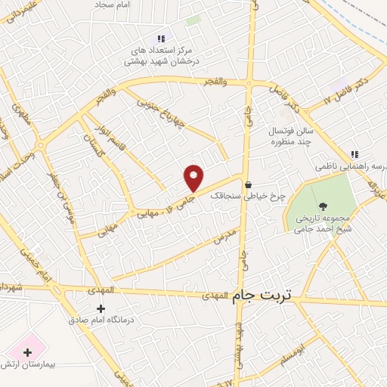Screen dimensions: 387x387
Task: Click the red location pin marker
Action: (194, 178)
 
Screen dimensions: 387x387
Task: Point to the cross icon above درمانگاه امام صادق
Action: (101, 308)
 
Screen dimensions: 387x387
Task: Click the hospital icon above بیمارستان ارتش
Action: (28, 352)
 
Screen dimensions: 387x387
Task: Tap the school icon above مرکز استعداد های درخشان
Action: (160, 39)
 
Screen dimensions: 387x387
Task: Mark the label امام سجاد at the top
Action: (113, 5)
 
